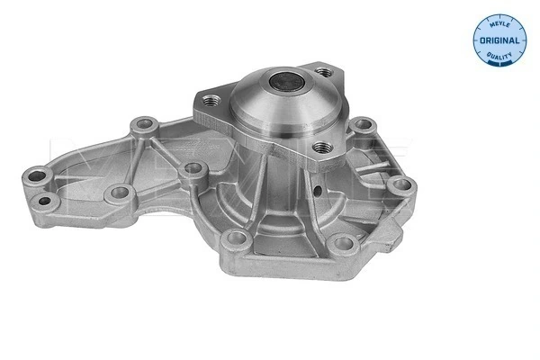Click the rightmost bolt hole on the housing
point(402,186)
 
